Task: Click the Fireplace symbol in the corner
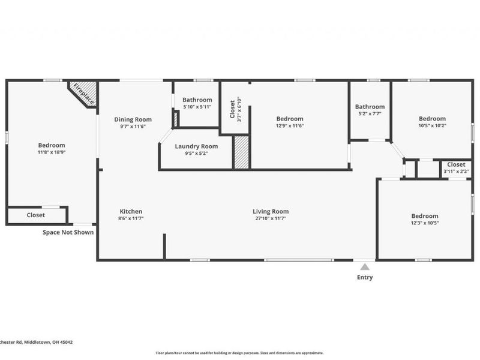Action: (x=82, y=93)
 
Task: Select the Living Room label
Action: (x=271, y=211)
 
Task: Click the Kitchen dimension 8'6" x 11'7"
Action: (x=131, y=219)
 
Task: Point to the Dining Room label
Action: (x=133, y=119)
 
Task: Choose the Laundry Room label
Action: (x=196, y=146)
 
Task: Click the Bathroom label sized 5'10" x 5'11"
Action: (x=197, y=100)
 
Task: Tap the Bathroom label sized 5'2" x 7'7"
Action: (x=370, y=106)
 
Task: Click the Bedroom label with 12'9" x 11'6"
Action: (x=290, y=119)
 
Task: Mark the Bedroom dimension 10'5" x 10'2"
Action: (x=432, y=126)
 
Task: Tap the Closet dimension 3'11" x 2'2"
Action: (x=455, y=172)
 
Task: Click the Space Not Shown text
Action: (x=68, y=232)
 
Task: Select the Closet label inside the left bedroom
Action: (x=35, y=215)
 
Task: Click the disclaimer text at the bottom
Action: (x=240, y=353)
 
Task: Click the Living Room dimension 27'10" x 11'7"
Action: (x=271, y=219)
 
